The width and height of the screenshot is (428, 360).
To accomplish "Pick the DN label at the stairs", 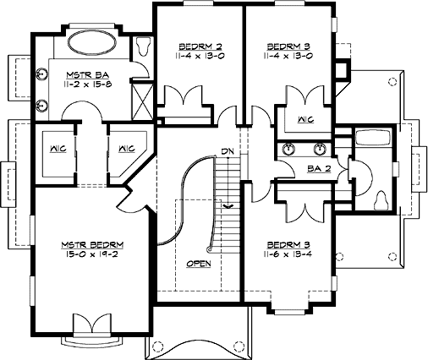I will pos(226,152).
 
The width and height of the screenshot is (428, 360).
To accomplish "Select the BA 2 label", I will pos(318,169).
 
